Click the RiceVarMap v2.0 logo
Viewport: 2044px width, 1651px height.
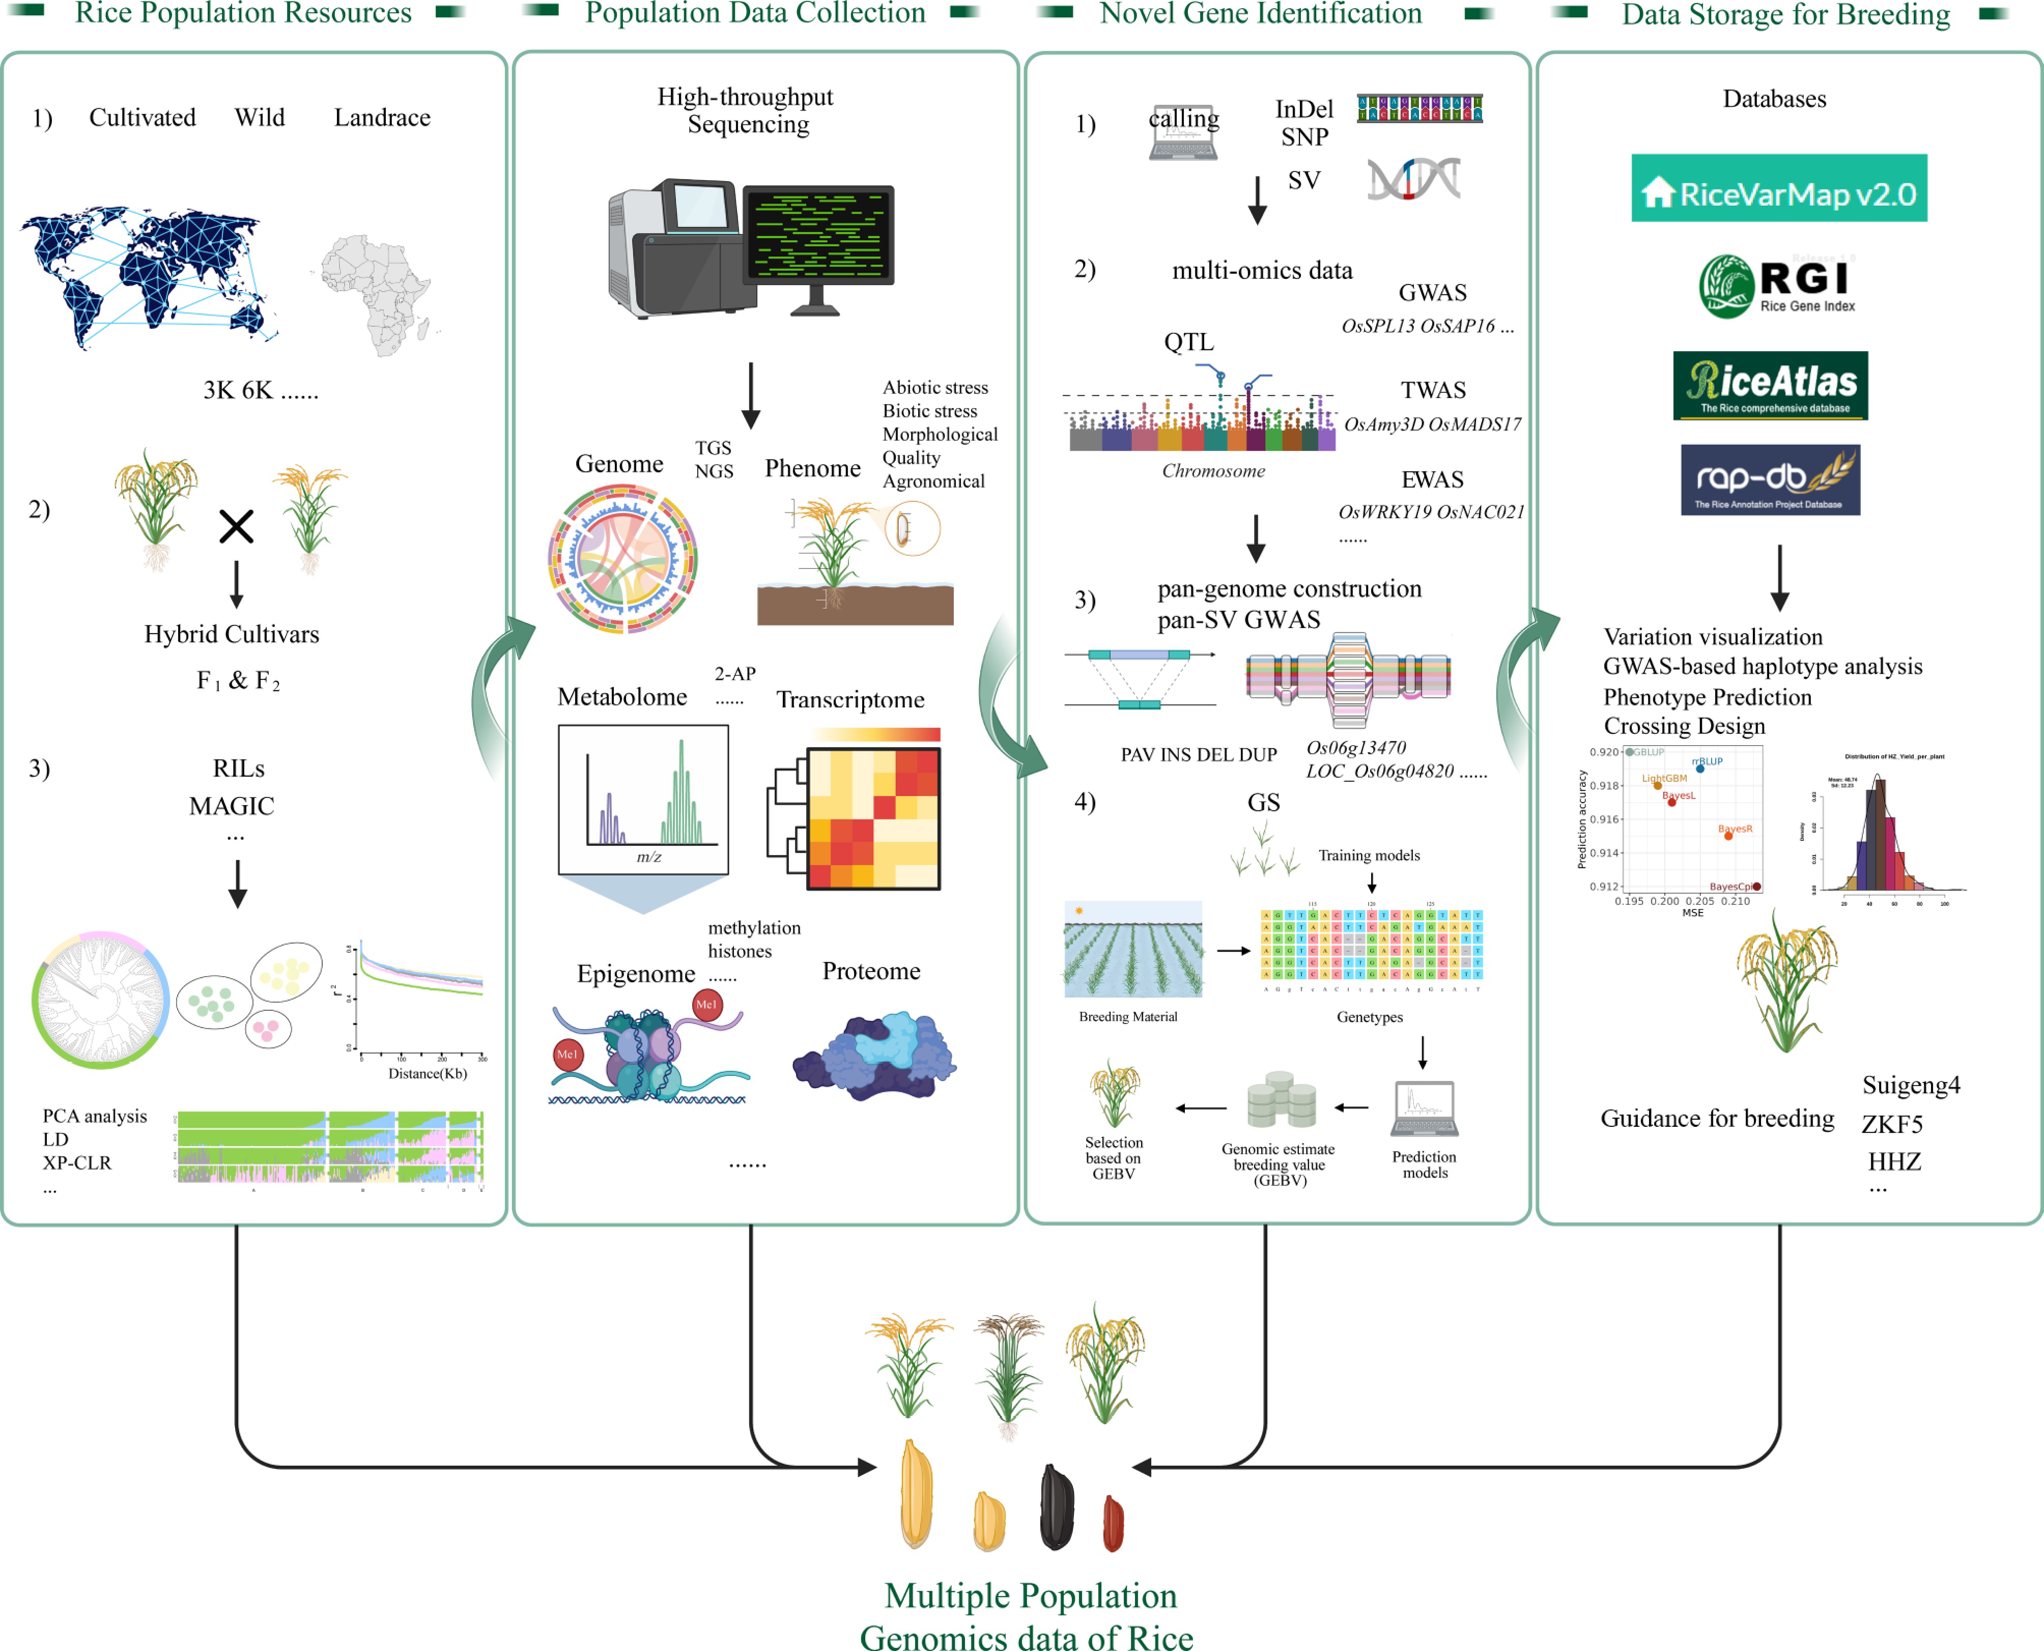[x=1779, y=188]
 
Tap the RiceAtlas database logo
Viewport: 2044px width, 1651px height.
[x=1770, y=385]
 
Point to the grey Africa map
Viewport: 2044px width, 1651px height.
[x=376, y=293]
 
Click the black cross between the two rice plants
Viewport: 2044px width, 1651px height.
[x=236, y=526]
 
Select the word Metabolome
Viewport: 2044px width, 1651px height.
[x=622, y=697]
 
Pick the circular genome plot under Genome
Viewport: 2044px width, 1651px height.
[x=623, y=559]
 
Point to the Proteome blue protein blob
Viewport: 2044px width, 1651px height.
[x=875, y=1056]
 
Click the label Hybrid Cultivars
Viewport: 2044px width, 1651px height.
[x=231, y=634]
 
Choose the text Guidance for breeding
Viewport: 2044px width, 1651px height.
[x=1717, y=1119]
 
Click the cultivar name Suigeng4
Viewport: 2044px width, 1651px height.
[x=1911, y=1085]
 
